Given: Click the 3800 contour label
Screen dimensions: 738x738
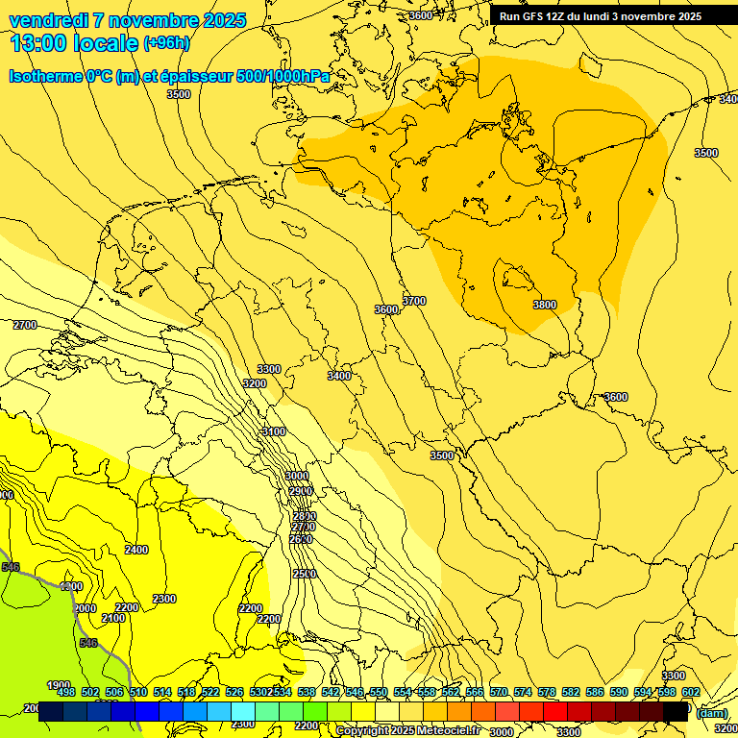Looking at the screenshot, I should [544, 305].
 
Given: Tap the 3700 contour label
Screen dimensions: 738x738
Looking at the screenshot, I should [414, 301].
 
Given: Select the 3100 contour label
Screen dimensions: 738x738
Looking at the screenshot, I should [274, 431].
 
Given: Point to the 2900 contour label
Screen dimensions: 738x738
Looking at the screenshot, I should [302, 491].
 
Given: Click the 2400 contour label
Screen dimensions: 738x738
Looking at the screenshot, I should [136, 550].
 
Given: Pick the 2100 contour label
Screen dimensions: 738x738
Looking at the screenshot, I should [113, 618].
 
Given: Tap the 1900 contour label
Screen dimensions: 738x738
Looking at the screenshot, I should [60, 685].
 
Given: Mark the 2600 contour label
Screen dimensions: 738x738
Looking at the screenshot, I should [301, 539].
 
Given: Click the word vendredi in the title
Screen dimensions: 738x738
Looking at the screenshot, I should [49, 20].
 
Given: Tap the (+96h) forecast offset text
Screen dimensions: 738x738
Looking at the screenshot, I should [166, 43].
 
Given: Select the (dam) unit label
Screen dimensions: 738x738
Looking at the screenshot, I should [712, 713].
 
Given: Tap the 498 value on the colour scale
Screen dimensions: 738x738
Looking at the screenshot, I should [66, 692].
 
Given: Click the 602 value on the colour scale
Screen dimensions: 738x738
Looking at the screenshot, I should [691, 692].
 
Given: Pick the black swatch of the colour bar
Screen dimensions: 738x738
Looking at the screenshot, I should [676, 711].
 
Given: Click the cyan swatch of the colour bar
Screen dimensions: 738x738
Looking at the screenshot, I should [243, 711].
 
